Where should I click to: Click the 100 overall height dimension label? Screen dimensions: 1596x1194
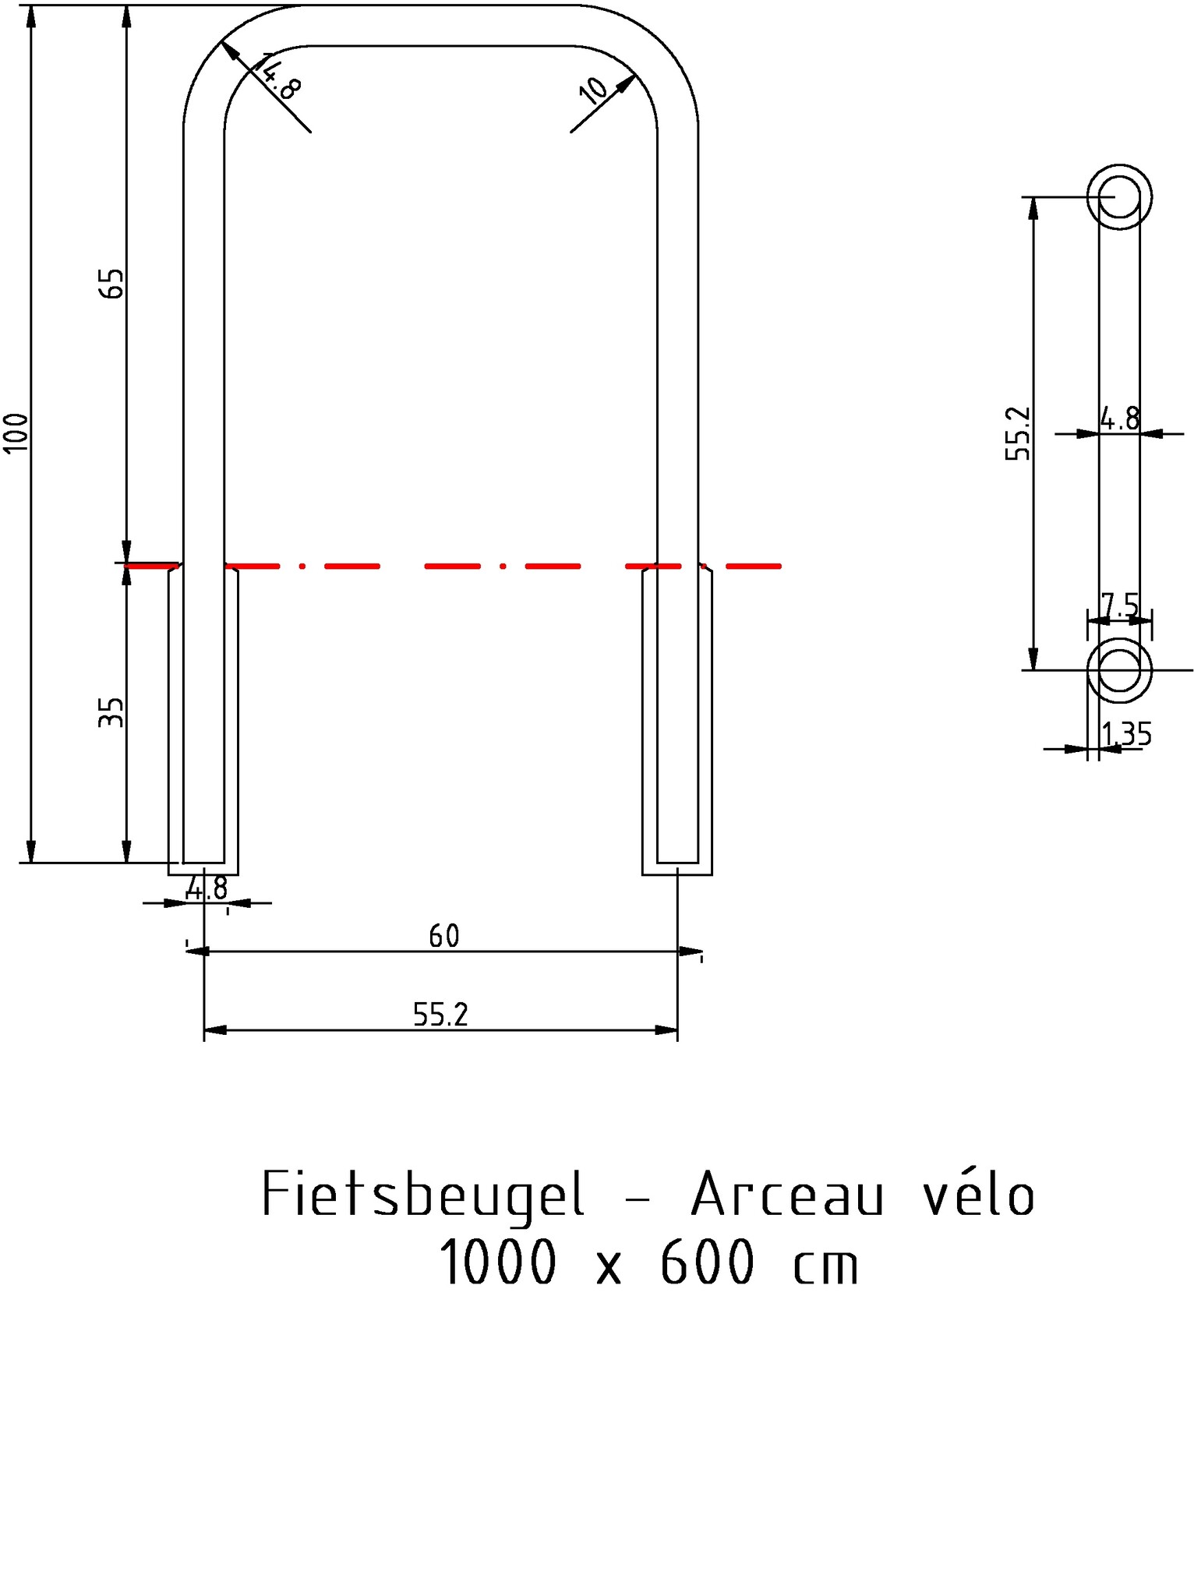[16, 432]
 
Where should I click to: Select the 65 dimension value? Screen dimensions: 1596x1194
[112, 283]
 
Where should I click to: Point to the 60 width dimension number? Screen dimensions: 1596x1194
[444, 936]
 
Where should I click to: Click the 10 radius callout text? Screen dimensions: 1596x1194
[595, 90]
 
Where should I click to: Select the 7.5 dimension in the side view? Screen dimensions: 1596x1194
[1120, 605]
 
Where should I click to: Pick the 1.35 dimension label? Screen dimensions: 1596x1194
[1127, 734]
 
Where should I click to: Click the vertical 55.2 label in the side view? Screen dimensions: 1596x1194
[1018, 433]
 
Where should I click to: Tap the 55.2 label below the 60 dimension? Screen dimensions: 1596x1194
[440, 1015]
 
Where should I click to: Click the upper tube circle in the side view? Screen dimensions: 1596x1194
[1120, 196]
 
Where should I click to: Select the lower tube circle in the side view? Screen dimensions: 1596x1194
[1120, 669]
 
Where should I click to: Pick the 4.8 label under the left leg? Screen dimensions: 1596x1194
[207, 888]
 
